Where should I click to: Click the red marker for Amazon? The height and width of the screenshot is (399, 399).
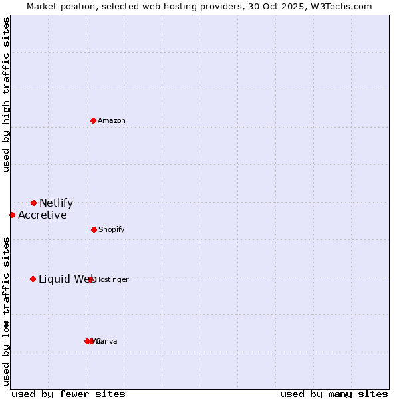click(x=93, y=120)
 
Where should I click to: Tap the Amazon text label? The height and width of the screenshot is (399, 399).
click(x=112, y=121)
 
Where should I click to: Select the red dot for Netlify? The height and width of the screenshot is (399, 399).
click(x=33, y=203)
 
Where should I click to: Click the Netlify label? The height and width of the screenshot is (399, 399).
click(x=56, y=203)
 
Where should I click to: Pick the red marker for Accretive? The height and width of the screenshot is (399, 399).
click(x=12, y=215)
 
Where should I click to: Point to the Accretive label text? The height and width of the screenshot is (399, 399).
click(x=42, y=215)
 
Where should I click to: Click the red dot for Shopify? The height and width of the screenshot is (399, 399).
click(x=94, y=229)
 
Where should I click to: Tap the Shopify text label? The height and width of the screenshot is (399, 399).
click(x=112, y=230)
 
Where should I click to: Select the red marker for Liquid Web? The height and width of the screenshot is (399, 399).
click(x=33, y=279)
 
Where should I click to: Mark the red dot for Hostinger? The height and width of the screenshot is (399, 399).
click(x=91, y=279)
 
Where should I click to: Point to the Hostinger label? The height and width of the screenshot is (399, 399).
click(x=112, y=280)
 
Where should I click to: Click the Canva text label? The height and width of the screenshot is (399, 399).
click(x=107, y=342)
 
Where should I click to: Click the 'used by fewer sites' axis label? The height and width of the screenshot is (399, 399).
click(x=68, y=394)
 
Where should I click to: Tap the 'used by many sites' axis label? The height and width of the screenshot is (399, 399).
click(x=334, y=394)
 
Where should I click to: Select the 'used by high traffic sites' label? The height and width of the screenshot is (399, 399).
click(x=6, y=94)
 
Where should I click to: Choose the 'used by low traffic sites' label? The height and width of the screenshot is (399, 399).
click(x=6, y=311)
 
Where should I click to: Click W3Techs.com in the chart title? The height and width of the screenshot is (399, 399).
click(x=342, y=6)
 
